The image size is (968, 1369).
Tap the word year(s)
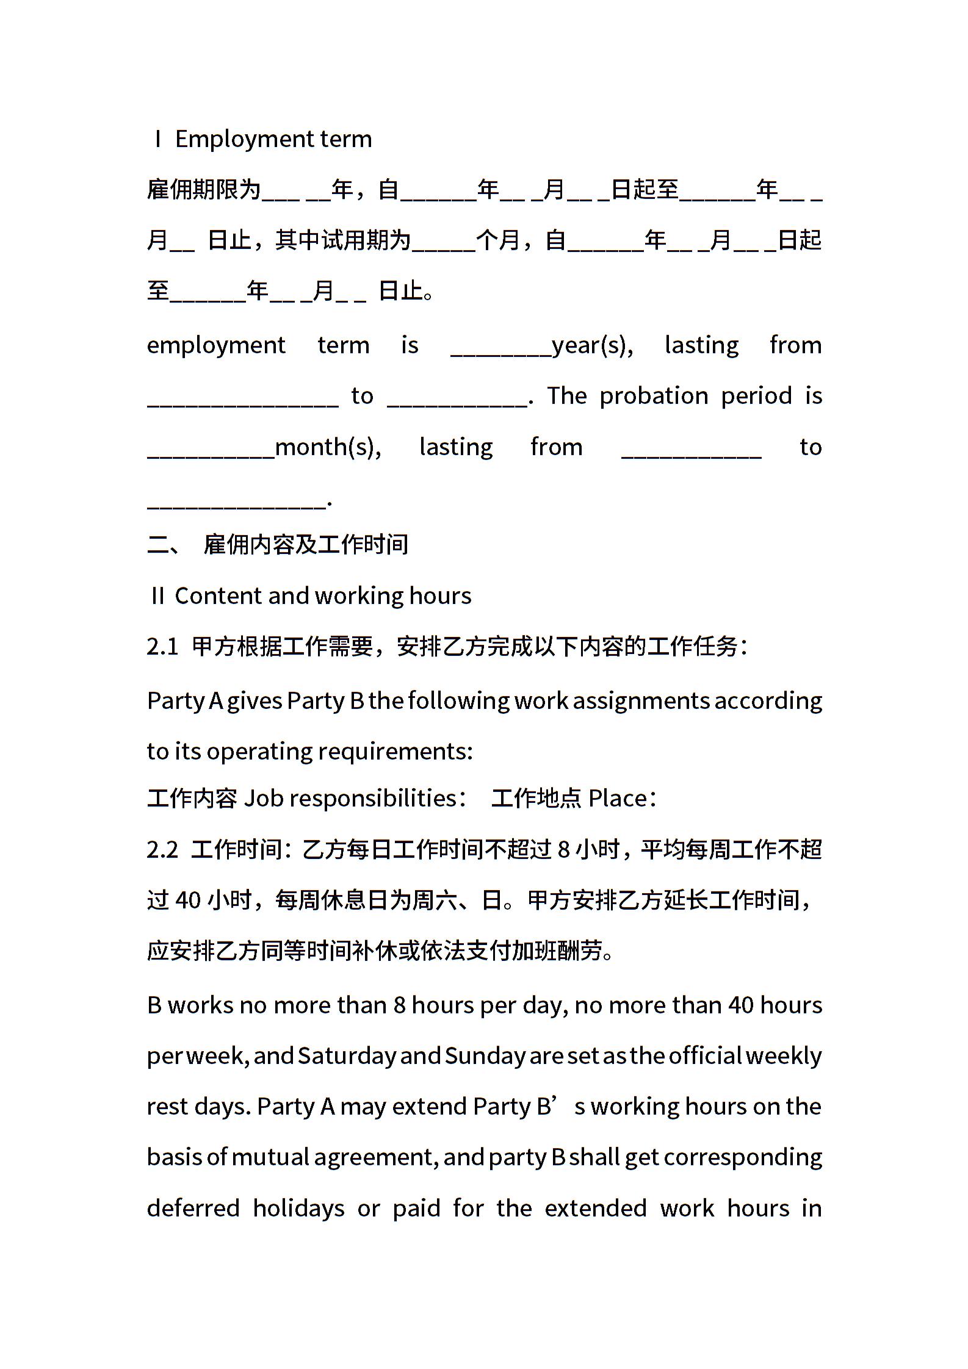click(592, 346)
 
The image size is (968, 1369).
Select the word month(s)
click(328, 448)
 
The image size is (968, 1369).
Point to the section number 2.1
click(162, 647)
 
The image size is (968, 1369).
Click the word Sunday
click(485, 1056)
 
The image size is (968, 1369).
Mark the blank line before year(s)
click(500, 352)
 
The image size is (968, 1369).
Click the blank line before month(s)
click(211, 454)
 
